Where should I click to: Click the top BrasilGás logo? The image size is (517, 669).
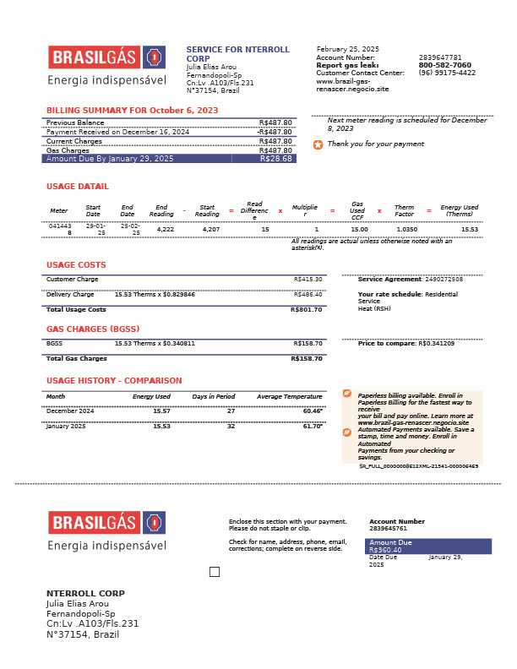coord(106,57)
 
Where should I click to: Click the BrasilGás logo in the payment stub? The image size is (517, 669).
coord(106,523)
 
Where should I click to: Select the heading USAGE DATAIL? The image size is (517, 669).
coord(78,187)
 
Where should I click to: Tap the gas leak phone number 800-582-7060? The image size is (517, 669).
coord(445,65)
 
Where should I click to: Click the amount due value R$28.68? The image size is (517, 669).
coord(276,159)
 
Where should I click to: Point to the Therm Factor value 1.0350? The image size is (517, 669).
coord(406,229)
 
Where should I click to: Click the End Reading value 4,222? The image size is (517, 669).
coord(166,229)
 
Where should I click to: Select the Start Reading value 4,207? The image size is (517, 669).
coord(210,229)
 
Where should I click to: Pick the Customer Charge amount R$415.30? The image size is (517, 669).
coord(308,280)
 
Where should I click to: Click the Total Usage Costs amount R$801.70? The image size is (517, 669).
coord(307,310)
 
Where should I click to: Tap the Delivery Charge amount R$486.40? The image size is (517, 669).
coord(308,295)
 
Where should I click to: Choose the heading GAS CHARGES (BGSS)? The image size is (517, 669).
coord(93,329)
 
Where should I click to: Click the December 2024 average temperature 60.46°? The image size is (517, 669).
coord(313,411)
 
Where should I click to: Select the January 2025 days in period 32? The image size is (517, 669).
coord(231,427)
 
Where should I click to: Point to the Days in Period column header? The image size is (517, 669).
coord(214,396)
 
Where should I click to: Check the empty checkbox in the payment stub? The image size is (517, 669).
coord(215,572)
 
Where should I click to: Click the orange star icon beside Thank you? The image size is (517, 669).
coord(318,144)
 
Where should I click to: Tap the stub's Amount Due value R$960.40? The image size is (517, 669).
coord(385,550)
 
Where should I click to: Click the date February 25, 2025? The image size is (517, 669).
coord(348,49)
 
